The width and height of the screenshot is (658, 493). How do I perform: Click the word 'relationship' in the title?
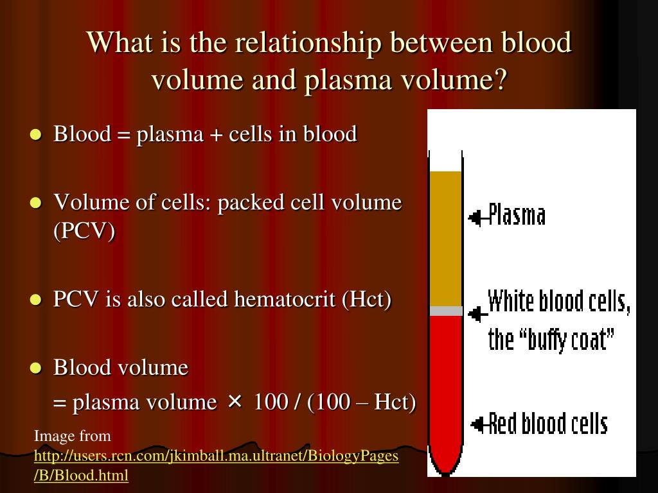click(x=307, y=42)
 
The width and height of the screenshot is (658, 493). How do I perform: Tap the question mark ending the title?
click(x=500, y=78)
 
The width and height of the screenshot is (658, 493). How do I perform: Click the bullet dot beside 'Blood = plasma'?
click(x=36, y=135)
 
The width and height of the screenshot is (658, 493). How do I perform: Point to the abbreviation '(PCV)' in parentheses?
click(x=84, y=230)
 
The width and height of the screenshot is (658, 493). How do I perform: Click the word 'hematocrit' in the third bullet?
click(x=285, y=299)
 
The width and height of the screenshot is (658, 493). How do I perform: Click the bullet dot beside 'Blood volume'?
click(x=36, y=368)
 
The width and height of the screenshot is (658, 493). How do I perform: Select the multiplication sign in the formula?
click(x=235, y=402)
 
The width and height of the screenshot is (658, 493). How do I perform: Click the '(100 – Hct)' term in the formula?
click(x=361, y=402)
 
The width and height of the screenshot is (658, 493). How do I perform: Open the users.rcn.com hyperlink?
click(x=216, y=465)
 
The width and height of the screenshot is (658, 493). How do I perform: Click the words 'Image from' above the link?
click(x=72, y=436)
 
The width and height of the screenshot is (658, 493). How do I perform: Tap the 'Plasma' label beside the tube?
click(x=517, y=215)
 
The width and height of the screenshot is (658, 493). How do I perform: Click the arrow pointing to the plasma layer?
click(x=478, y=218)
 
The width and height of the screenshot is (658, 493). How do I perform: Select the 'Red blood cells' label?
click(x=548, y=423)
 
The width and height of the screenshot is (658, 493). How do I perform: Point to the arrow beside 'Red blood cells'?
click(x=480, y=425)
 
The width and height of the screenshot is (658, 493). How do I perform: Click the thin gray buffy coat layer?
click(x=446, y=311)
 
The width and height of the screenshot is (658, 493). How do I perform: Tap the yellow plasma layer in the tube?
click(x=446, y=239)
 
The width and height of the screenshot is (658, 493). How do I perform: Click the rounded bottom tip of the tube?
click(x=445, y=474)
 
